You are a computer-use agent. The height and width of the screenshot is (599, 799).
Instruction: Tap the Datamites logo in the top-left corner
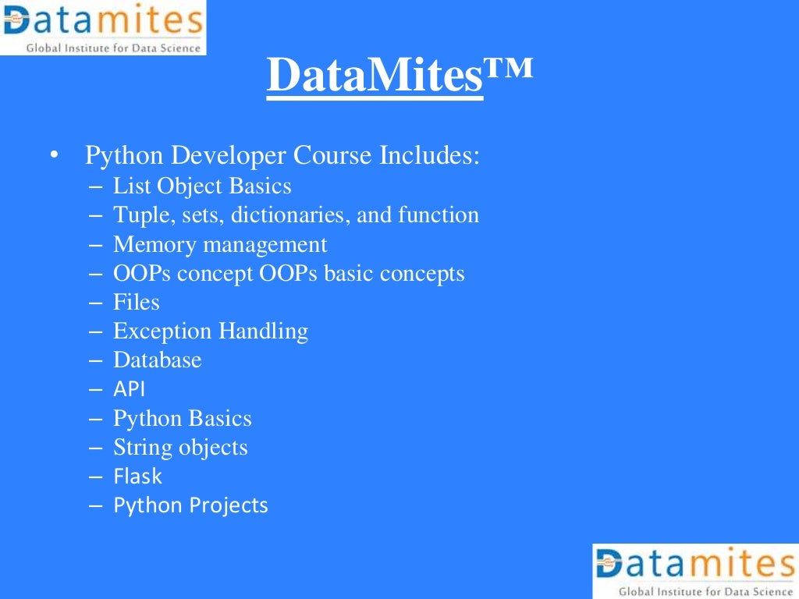pos(103,27)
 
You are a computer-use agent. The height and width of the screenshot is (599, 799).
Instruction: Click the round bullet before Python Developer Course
pos(53,155)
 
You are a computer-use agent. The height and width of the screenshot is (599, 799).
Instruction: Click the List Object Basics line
pos(202,186)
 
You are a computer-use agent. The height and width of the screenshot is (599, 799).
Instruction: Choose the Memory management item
pos(220,245)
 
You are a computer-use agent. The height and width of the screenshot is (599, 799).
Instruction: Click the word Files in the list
pos(137,302)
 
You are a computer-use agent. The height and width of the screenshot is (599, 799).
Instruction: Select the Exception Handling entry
pos(211,331)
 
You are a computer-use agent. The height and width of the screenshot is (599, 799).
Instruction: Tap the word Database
pos(157,360)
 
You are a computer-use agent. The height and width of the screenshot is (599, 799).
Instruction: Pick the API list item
pos(129,389)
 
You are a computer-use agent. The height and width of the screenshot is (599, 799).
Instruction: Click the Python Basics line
pos(182,419)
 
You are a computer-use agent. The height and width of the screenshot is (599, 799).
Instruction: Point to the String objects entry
pos(180,448)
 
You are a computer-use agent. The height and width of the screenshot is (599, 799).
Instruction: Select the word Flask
pos(137,476)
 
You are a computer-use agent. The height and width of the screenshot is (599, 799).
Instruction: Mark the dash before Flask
pos(96,476)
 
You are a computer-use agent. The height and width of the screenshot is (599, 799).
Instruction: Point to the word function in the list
pos(439,215)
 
